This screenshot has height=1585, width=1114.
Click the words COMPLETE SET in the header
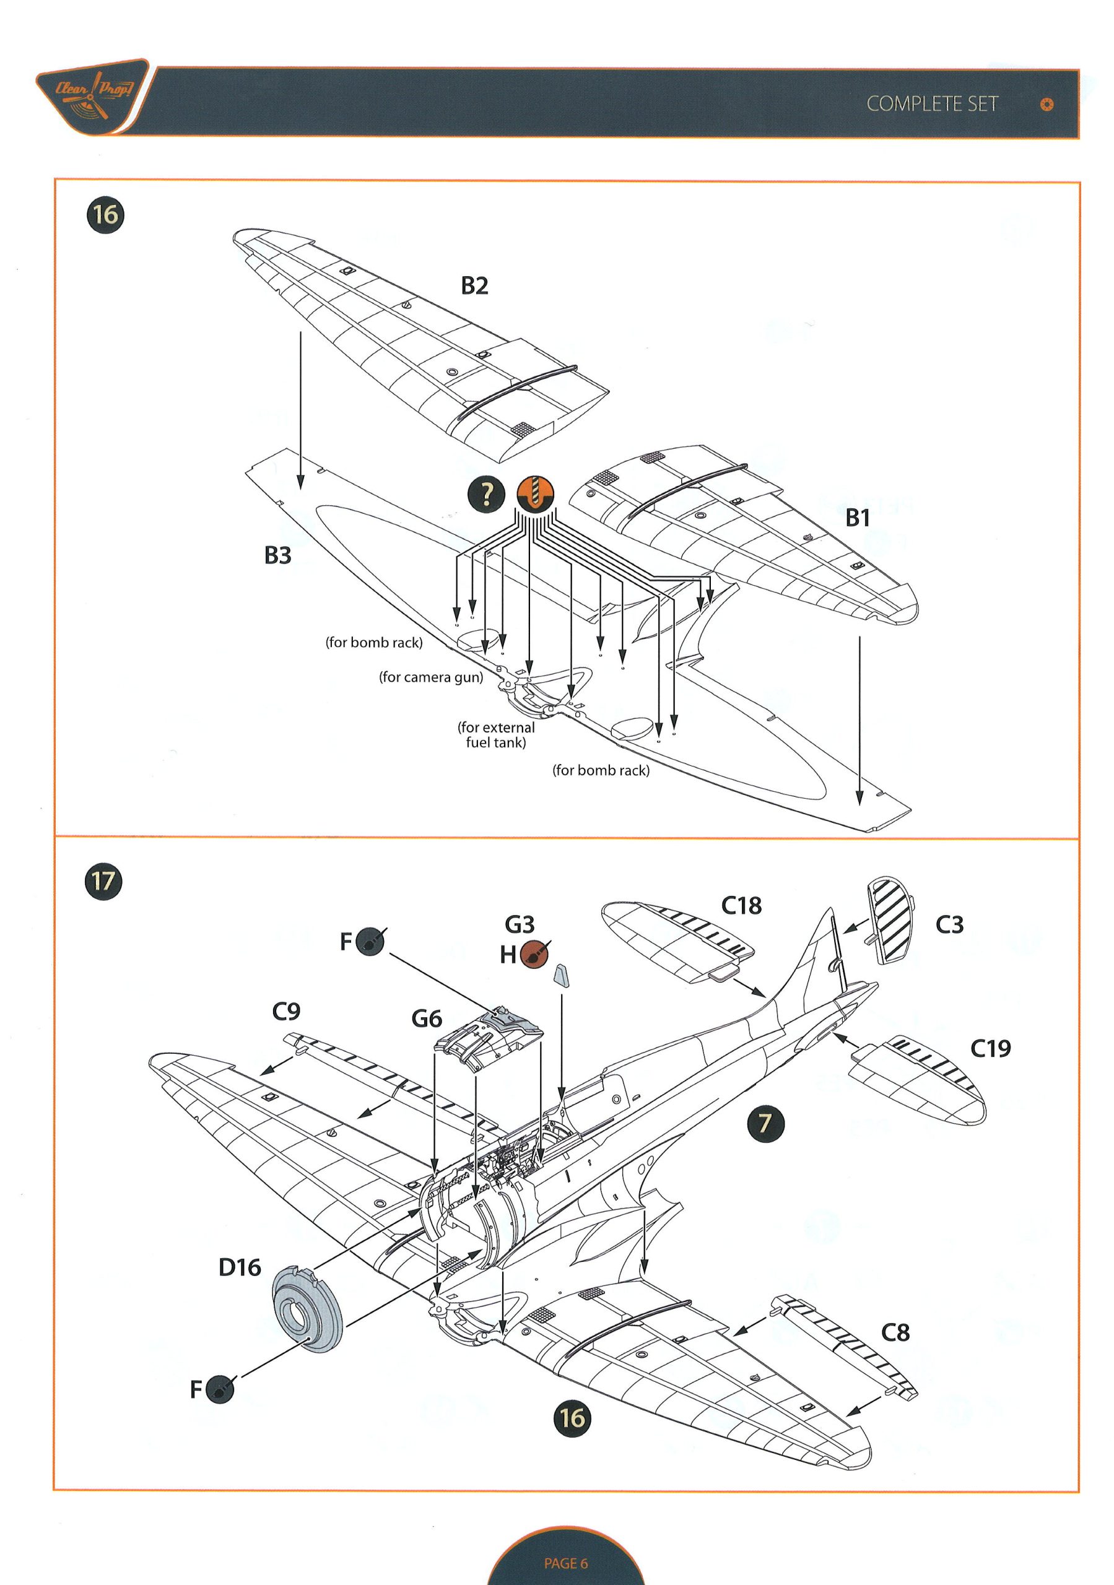pyautogui.click(x=932, y=104)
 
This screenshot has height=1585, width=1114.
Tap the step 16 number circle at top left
pyautogui.click(x=105, y=215)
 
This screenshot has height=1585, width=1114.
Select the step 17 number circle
pyautogui.click(x=103, y=881)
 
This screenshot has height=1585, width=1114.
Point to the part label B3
pyautogui.click(x=277, y=555)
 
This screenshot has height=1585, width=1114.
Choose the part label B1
pyautogui.click(x=857, y=518)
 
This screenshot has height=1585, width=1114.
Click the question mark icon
pyautogui.click(x=487, y=493)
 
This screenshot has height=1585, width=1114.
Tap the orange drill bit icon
pyautogui.click(x=535, y=493)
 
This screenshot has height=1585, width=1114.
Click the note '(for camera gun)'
pyautogui.click(x=431, y=677)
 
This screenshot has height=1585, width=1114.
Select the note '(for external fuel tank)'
pyautogui.click(x=496, y=734)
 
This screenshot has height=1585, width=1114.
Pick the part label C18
pyautogui.click(x=741, y=906)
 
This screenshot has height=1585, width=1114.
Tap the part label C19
pyautogui.click(x=990, y=1049)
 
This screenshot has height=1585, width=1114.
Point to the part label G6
pyautogui.click(x=426, y=1018)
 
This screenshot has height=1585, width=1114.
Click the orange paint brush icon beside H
pyautogui.click(x=534, y=953)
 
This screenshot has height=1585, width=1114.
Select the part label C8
pyautogui.click(x=895, y=1332)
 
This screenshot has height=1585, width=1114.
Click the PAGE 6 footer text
pyautogui.click(x=565, y=1563)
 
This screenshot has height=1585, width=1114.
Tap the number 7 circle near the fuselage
pyautogui.click(x=765, y=1123)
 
